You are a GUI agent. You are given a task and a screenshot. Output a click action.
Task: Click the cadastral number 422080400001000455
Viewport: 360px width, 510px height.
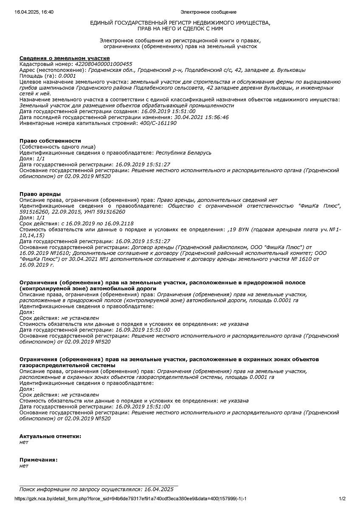click(x=103, y=64)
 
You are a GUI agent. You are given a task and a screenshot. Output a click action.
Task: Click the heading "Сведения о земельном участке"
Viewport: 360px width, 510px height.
click(x=65, y=58)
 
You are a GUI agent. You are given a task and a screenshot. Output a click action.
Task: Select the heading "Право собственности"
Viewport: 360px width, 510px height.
click(x=50, y=141)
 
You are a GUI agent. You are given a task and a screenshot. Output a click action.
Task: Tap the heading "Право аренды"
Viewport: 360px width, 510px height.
click(x=40, y=194)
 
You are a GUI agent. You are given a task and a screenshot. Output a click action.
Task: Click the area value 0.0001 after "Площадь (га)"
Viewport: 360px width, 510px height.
click(x=67, y=76)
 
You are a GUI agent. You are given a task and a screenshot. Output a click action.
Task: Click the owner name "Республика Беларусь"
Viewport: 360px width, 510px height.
click(x=183, y=153)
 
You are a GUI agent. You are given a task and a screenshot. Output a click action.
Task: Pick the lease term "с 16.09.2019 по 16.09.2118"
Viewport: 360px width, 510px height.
click(x=97, y=224)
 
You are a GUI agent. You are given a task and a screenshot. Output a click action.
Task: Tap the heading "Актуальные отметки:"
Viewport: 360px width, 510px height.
click(x=50, y=436)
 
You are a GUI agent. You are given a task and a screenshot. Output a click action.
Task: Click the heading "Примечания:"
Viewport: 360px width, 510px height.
click(x=39, y=460)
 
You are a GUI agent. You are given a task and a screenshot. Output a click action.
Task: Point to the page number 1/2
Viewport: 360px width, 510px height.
click(x=342, y=499)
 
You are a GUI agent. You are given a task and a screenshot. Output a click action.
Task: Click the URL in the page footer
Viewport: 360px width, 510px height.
click(x=131, y=499)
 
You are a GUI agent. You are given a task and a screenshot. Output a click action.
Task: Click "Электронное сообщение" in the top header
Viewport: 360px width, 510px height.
click(x=208, y=12)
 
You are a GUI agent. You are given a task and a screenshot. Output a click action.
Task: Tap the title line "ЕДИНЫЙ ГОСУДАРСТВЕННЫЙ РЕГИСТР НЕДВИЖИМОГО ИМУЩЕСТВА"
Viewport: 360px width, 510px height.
click(x=180, y=23)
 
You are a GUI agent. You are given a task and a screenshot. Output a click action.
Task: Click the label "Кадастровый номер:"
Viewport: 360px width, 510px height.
click(x=46, y=64)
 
